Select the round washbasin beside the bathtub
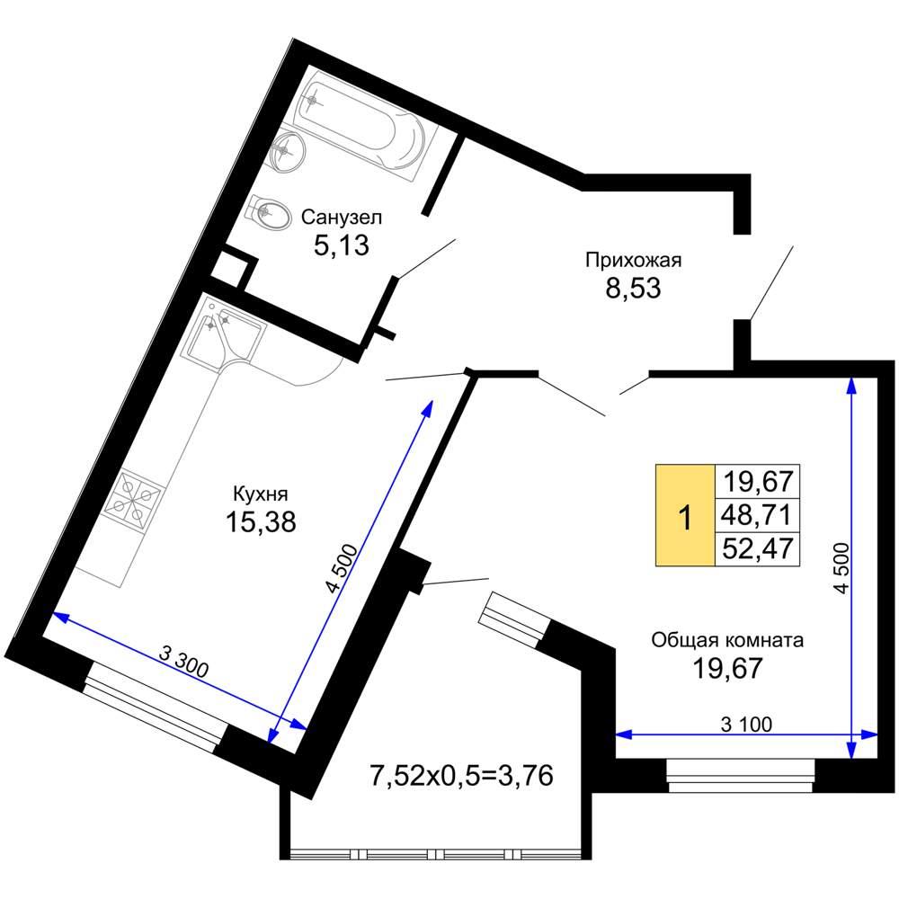click(x=287, y=151)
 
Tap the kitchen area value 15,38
click(x=261, y=521)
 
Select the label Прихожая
click(x=634, y=261)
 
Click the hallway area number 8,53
click(x=633, y=288)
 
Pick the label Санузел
click(x=341, y=218)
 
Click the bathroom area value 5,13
click(x=341, y=245)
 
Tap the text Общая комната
click(x=727, y=640)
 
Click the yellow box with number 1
click(x=685, y=515)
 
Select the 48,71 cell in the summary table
click(x=757, y=515)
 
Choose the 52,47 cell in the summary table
click(x=757, y=548)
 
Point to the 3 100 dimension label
click(x=746, y=724)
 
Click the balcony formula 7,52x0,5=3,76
click(x=462, y=776)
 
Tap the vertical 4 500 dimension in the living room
click(x=841, y=567)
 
